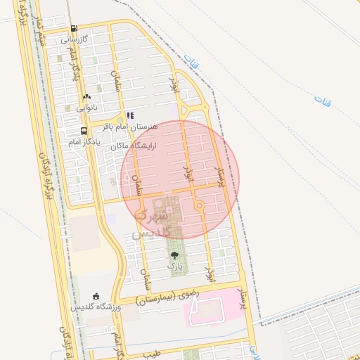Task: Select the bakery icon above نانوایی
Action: pyautogui.click(x=86, y=97)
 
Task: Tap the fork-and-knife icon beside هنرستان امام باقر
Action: pyautogui.click(x=130, y=115)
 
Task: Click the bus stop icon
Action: pyautogui.click(x=84, y=130)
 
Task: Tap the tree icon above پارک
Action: pyautogui.click(x=174, y=255)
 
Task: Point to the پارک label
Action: pyautogui.click(x=174, y=266)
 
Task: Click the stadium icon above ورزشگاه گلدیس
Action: pyautogui.click(x=96, y=296)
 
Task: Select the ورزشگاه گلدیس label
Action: pyautogui.click(x=96, y=307)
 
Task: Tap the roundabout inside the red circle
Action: pyautogui.click(x=200, y=205)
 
